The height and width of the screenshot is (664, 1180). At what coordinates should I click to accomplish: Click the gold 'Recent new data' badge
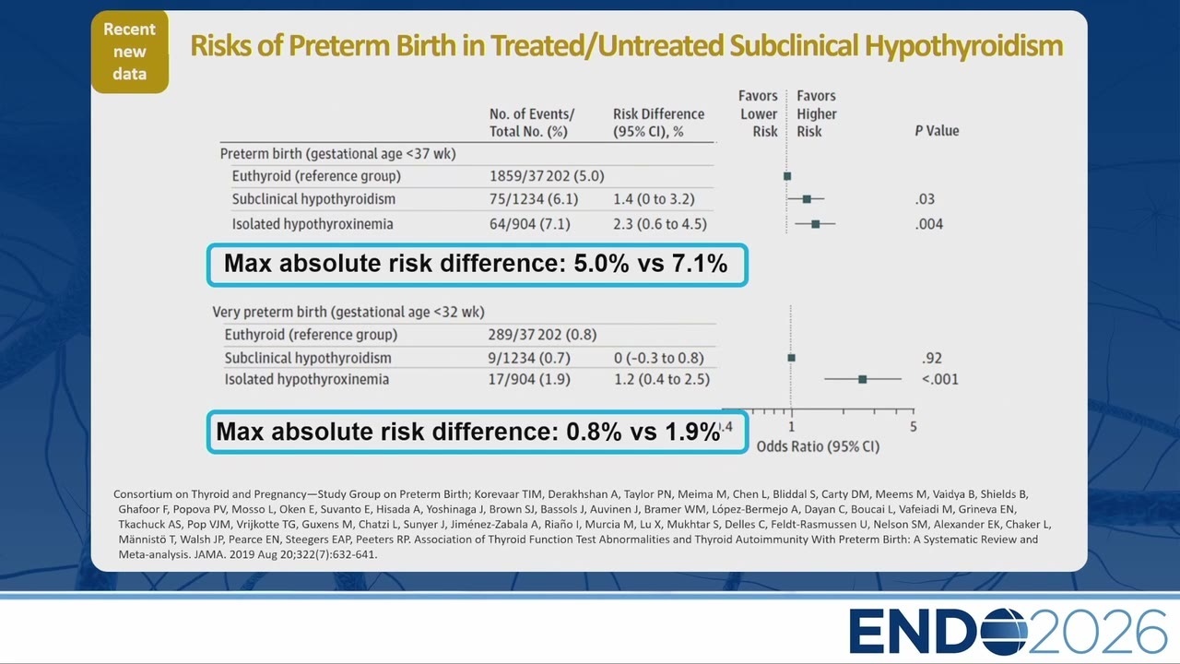(130, 52)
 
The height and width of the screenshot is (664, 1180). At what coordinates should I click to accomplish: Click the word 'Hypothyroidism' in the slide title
(963, 45)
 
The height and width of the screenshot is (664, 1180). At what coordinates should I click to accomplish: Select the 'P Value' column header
(937, 131)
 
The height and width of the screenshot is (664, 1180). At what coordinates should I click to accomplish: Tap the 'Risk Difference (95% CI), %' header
(658, 123)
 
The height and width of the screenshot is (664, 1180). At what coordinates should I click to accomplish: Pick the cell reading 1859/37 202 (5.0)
(547, 176)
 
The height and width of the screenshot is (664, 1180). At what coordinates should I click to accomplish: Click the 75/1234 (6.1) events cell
(534, 199)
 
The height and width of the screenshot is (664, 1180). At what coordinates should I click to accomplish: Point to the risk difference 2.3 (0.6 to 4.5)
(659, 224)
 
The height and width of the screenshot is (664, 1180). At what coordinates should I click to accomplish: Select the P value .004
(928, 224)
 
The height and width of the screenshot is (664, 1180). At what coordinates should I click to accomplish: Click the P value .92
(932, 359)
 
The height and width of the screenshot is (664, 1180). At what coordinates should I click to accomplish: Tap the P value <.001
(940, 379)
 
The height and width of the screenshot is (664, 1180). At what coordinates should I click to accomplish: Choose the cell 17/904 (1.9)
(529, 379)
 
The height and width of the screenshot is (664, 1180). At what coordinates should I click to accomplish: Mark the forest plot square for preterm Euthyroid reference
(787, 176)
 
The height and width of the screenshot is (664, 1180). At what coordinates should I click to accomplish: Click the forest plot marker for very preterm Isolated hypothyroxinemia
(862, 379)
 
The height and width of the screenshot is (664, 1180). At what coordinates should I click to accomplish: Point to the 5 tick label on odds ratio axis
(913, 427)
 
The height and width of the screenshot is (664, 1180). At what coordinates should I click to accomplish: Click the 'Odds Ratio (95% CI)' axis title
(818, 447)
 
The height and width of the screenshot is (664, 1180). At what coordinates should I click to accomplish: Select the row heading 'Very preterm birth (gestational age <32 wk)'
(348, 312)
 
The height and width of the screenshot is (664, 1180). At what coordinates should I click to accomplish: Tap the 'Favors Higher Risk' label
(816, 113)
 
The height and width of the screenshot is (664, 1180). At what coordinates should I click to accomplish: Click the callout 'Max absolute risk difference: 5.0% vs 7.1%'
(478, 265)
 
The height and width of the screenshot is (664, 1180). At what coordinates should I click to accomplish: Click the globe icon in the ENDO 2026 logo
(1004, 632)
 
